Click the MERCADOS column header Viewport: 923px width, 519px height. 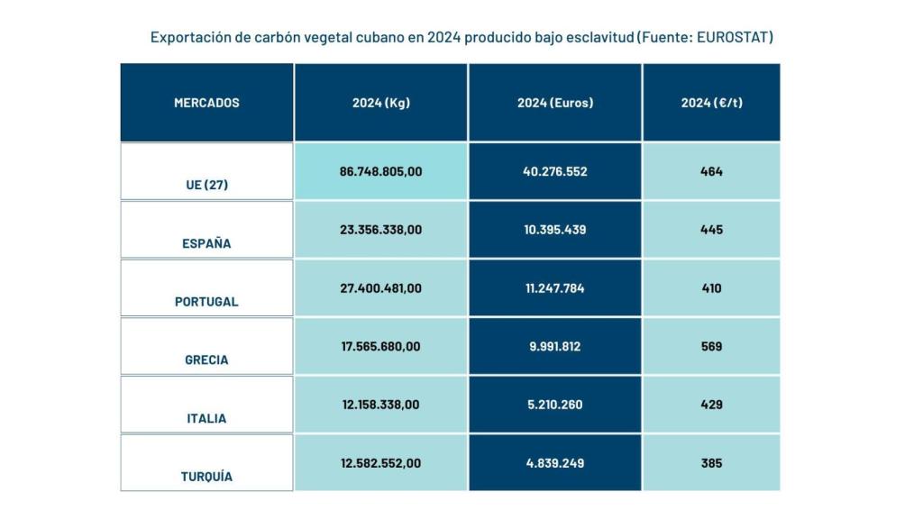pyautogui.click(x=206, y=103)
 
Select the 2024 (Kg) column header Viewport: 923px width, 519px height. pyautogui.click(x=380, y=103)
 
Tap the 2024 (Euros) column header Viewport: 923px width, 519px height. pyautogui.click(x=555, y=103)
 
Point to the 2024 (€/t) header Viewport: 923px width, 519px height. pyautogui.click(x=711, y=103)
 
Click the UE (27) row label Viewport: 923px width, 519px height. pyautogui.click(x=206, y=185)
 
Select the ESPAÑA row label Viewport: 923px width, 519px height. pyautogui.click(x=206, y=243)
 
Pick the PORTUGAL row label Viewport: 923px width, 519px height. pyautogui.click(x=206, y=302)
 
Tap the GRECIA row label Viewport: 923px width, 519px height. pyautogui.click(x=206, y=360)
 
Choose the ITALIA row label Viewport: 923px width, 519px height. pyautogui.click(x=206, y=418)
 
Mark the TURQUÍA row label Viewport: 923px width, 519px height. pyautogui.click(x=206, y=477)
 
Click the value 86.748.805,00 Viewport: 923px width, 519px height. pyautogui.click(x=380, y=171)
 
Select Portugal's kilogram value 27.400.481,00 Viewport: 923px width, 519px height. pyautogui.click(x=380, y=288)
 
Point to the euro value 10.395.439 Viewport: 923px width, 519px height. pyautogui.click(x=555, y=230)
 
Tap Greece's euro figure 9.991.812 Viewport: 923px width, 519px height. pyautogui.click(x=555, y=346)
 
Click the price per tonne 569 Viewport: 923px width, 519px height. pyautogui.click(x=711, y=346)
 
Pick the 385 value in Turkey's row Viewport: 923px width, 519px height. pyautogui.click(x=711, y=463)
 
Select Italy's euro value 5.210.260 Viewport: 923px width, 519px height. pyautogui.click(x=555, y=405)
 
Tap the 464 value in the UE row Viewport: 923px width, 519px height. pyautogui.click(x=711, y=171)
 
